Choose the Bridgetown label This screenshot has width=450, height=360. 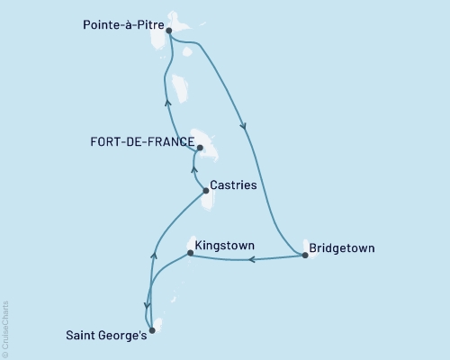pos(342,247)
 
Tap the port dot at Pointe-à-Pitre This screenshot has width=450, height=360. pos(169,31)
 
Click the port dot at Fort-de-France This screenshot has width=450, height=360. pos(200,148)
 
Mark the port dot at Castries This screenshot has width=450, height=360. pos(205,190)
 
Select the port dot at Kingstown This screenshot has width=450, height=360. pos(190,253)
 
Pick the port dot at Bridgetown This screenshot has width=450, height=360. pos(305,256)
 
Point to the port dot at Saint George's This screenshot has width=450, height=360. pos(151,330)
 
